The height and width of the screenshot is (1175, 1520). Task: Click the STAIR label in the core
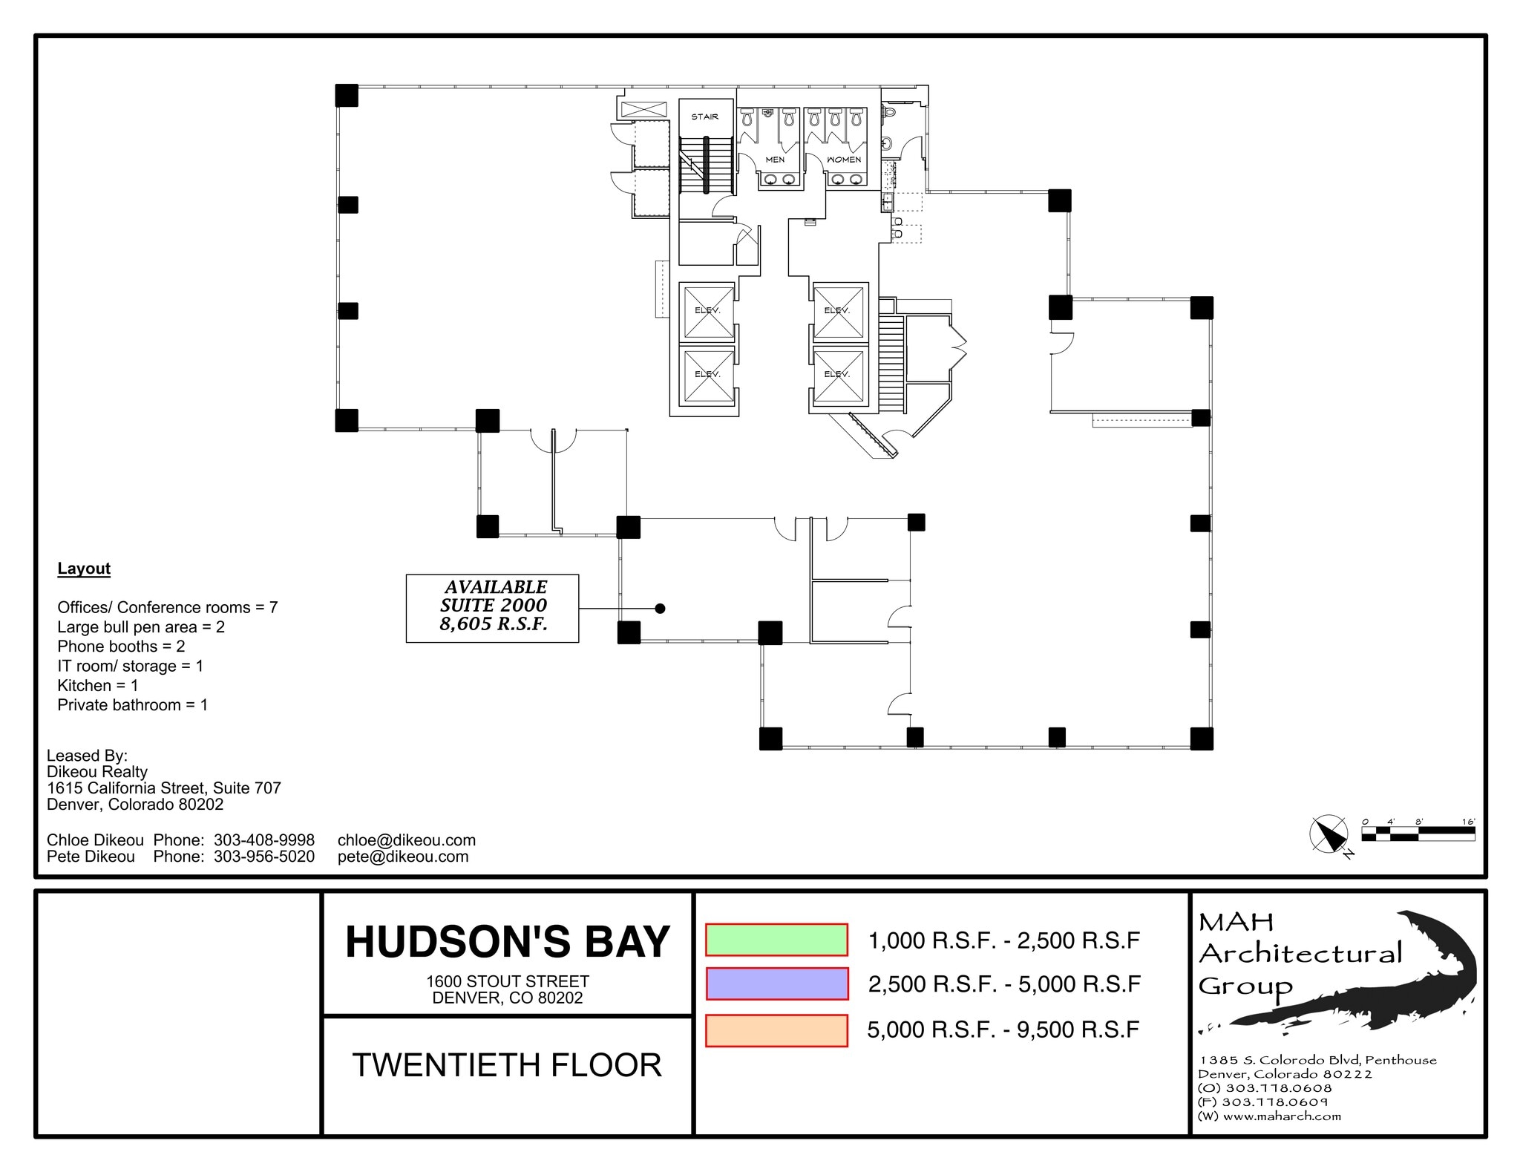pos(704,117)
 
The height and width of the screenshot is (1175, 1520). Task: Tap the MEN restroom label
pos(775,160)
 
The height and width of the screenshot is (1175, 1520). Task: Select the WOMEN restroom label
pos(844,160)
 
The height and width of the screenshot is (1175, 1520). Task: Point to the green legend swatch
pos(776,940)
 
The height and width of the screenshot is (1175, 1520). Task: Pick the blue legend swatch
pos(776,983)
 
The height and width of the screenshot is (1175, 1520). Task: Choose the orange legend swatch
pos(776,1030)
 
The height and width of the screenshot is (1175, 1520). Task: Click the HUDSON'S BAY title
pos(508,941)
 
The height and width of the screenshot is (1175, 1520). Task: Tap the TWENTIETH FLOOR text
pos(507,1065)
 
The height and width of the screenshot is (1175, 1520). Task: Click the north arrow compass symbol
pos(1329,834)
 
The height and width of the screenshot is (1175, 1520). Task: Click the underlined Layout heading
pos(84,569)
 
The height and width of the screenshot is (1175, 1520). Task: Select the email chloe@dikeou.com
pos(406,840)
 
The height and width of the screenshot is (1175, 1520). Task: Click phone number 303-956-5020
pos(264,857)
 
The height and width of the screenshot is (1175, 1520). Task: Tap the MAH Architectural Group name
pos(1299,954)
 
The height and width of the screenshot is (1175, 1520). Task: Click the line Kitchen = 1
pos(98,685)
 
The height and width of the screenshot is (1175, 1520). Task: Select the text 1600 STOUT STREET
pos(508,981)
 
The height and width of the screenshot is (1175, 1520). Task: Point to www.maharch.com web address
pos(1282,1116)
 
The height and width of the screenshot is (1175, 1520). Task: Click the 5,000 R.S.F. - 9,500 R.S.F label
pos(1003,1030)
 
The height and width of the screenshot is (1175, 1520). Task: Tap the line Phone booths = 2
pos(121,647)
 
